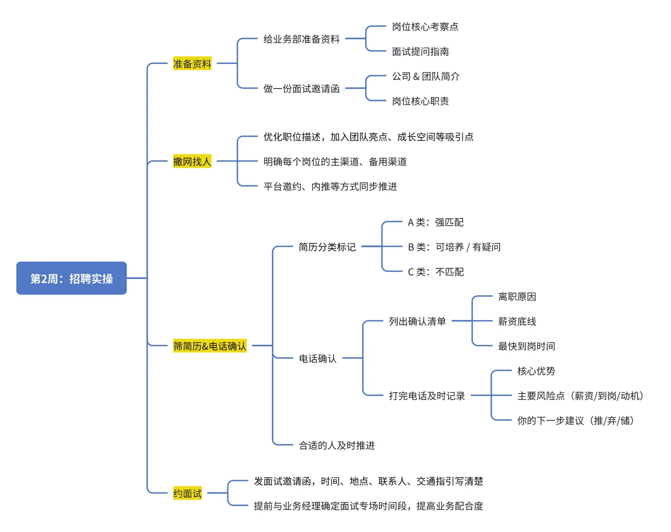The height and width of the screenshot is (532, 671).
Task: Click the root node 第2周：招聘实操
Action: pyautogui.click(x=71, y=278)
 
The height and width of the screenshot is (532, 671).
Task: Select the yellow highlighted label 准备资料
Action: pyautogui.click(x=192, y=64)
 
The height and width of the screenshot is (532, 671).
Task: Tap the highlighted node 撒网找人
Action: pyautogui.click(x=192, y=161)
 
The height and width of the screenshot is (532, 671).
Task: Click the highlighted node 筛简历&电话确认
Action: pyautogui.click(x=210, y=346)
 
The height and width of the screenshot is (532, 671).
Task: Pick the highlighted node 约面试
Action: pyautogui.click(x=187, y=493)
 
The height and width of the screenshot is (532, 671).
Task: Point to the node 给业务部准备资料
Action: pyautogui.click(x=301, y=39)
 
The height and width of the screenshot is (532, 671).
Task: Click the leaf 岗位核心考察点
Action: pyautogui.click(x=425, y=27)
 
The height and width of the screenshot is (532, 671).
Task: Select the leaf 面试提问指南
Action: pyautogui.click(x=420, y=51)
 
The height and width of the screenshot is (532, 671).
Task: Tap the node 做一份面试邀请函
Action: pyautogui.click(x=301, y=89)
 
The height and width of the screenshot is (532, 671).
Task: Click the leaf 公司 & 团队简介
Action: pyautogui.click(x=425, y=76)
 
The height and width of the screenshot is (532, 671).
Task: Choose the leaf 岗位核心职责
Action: pyautogui.click(x=420, y=101)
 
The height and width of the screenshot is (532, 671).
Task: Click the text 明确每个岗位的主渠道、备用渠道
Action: pyautogui.click(x=335, y=162)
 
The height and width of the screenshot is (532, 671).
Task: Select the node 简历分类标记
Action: pyautogui.click(x=327, y=247)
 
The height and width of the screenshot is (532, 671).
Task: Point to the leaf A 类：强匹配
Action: pyautogui.click(x=435, y=222)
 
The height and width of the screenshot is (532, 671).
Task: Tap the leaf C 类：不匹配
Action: pyautogui.click(x=435, y=272)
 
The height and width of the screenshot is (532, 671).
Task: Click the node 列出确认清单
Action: pyautogui.click(x=417, y=321)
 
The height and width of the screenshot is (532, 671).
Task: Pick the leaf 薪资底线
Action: pyautogui.click(x=517, y=321)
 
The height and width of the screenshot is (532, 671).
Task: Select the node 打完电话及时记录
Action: pyautogui.click(x=426, y=396)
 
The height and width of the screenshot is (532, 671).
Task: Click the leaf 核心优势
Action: pyautogui.click(x=536, y=371)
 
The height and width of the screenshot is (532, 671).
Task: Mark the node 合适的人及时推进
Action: pyautogui.click(x=337, y=445)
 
